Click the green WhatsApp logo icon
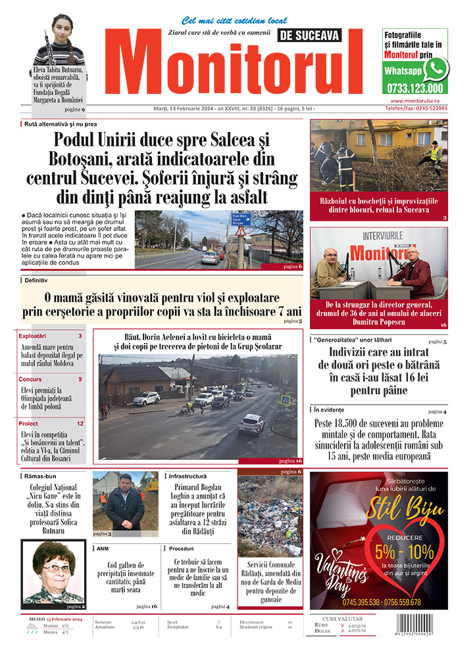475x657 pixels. pos(436,68)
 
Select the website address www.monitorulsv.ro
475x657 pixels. pos(418,101)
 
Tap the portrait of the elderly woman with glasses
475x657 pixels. pos(53,574)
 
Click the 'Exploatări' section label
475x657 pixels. pos(33,336)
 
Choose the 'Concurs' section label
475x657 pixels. pos(30,380)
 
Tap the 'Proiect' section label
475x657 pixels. pos(28,424)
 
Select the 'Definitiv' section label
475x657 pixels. pos(39,280)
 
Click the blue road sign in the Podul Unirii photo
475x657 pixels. pos(241,218)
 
